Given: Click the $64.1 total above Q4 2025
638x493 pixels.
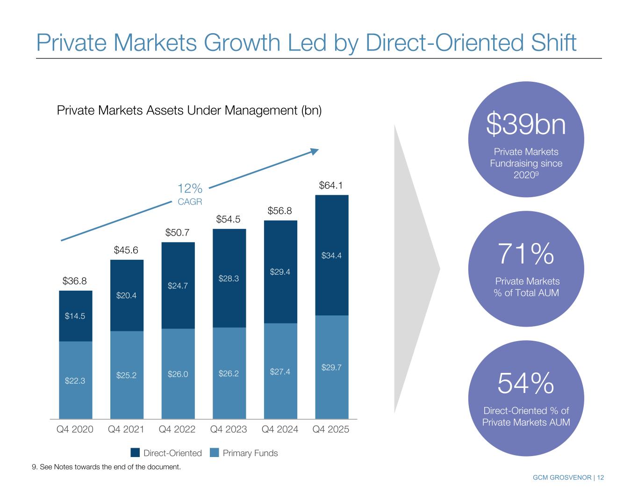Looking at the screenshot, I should point(331,186).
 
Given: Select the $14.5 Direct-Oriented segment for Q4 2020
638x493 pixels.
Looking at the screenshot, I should point(75,316).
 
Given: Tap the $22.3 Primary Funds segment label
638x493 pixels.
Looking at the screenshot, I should point(75,381).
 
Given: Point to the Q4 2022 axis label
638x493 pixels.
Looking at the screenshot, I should point(177,429).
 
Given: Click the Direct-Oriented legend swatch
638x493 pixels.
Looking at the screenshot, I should point(135,453).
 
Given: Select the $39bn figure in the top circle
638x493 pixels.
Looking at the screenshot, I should point(526,125).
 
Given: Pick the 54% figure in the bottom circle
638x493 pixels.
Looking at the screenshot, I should point(526,384).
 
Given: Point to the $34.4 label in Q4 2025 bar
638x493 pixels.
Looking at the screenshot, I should point(331,256).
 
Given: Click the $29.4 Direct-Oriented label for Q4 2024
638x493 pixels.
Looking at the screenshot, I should point(280,272).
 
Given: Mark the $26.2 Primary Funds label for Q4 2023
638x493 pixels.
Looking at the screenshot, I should point(229,374).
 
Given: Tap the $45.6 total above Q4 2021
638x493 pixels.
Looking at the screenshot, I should point(126,250).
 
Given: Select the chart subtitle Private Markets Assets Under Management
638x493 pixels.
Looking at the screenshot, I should point(189,111).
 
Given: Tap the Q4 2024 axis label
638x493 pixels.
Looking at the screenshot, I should point(280,429).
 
